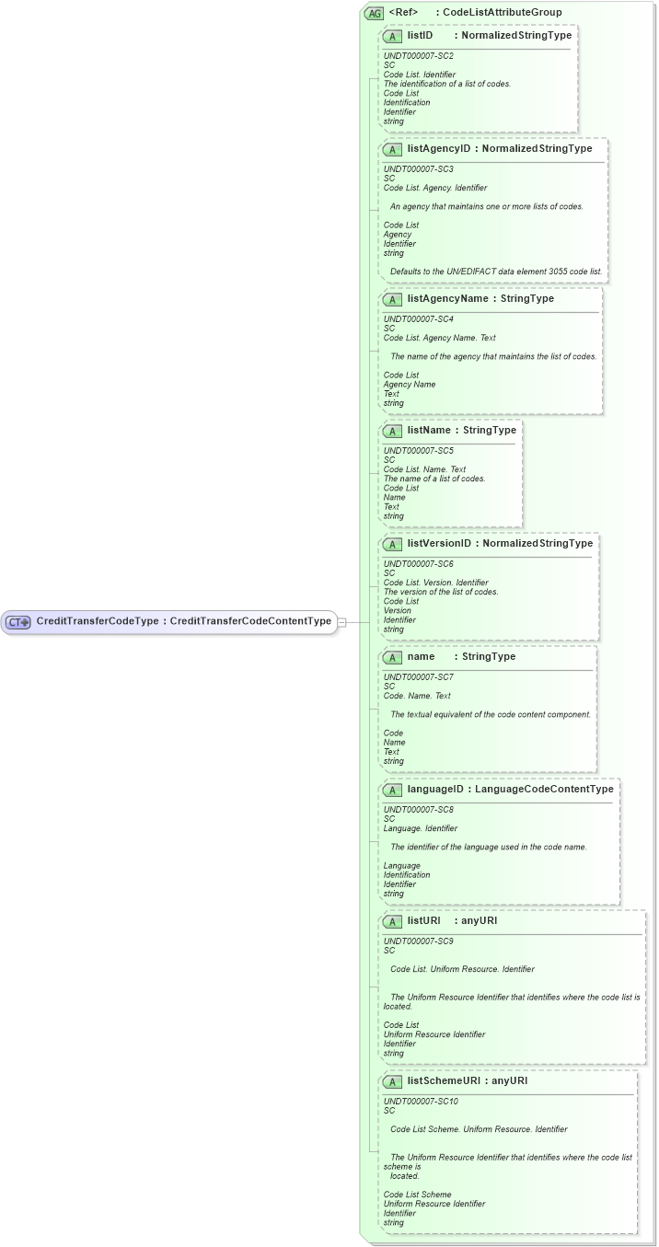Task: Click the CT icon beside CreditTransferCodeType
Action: coord(18,622)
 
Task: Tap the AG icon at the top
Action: coord(375,13)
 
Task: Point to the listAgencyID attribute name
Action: coord(438,148)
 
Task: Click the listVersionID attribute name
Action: coord(438,543)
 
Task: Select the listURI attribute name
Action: coord(423,920)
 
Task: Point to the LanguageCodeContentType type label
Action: coord(544,789)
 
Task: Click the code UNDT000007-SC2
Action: coord(418,55)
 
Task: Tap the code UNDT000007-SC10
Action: coord(421,1101)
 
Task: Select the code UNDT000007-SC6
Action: coord(418,563)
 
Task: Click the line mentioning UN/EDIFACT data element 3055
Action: coord(495,271)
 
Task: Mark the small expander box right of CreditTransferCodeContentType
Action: coord(341,622)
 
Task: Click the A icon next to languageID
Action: coord(392,790)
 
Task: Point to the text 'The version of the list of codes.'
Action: coord(441,592)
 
